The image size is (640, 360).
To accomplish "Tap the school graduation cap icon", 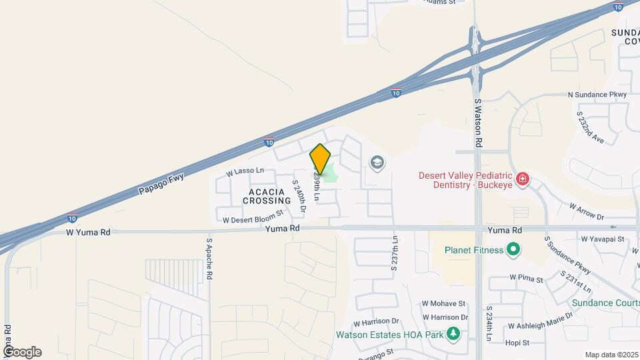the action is (377, 162).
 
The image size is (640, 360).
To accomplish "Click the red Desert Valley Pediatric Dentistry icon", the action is (523, 179).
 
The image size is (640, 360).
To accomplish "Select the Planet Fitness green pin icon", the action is (513, 250).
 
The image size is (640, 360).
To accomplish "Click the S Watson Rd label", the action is (478, 123).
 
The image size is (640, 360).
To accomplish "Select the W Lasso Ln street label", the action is (245, 171).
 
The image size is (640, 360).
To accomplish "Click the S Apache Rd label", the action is (209, 259).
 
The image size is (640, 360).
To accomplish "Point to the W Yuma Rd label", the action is (88, 233).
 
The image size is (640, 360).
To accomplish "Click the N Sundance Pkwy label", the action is (597, 95).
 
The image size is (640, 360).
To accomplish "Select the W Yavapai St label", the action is (602, 238).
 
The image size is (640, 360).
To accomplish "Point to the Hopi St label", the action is (517, 343).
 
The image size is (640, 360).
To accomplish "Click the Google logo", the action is (22, 352).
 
